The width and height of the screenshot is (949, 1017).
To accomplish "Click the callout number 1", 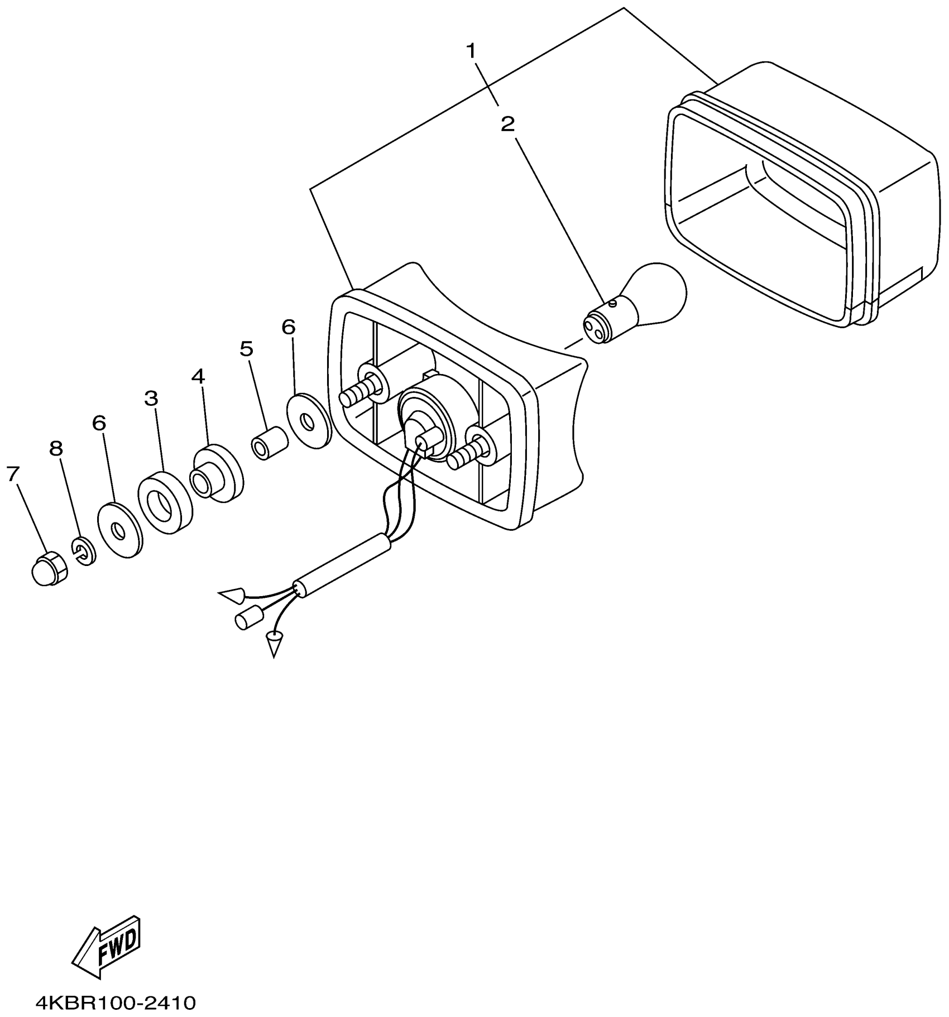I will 472,52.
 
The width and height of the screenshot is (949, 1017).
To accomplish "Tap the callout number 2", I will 507,124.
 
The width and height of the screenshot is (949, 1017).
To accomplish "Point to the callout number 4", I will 198,376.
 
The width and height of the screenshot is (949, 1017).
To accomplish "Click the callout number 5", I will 246,349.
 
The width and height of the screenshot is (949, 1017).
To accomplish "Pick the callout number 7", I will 13,474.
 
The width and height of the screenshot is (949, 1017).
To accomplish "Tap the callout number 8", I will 56,448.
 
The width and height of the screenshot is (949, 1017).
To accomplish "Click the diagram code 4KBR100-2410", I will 116,1003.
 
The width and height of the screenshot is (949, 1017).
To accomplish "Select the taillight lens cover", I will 798,195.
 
